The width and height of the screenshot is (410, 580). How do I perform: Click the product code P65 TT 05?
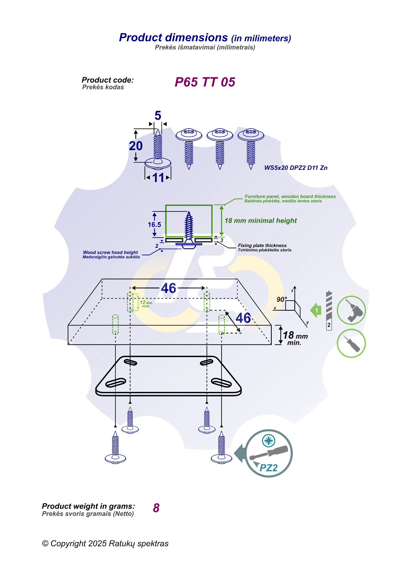pyautogui.click(x=205, y=82)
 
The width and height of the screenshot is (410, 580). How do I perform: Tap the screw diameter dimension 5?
pyautogui.click(x=158, y=116)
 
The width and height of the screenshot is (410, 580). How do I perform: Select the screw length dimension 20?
pyautogui.click(x=136, y=146)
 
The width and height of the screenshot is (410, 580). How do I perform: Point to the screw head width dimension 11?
pyautogui.click(x=158, y=178)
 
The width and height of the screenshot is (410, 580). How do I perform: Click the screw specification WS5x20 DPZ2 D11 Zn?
pyautogui.click(x=296, y=168)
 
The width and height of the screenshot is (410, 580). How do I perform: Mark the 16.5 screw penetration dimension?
pyautogui.click(x=154, y=225)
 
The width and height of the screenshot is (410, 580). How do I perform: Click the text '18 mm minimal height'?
pyautogui.click(x=261, y=221)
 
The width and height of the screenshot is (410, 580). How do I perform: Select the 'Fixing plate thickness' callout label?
pyautogui.click(x=262, y=245)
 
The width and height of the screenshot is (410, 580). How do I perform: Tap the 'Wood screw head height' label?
pyautogui.click(x=110, y=252)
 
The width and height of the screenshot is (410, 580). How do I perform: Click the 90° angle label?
pyautogui.click(x=282, y=299)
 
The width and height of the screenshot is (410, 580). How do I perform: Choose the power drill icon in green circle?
pyautogui.click(x=351, y=310)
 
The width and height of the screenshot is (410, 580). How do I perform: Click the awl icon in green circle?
pyautogui.click(x=351, y=343)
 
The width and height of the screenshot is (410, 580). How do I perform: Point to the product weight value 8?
pyautogui.click(x=156, y=508)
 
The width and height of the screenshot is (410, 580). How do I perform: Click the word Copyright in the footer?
pyautogui.click(x=68, y=544)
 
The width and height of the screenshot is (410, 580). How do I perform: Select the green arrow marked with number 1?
pyautogui.click(x=316, y=311)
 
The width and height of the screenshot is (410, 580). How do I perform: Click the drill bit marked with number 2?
pyautogui.click(x=329, y=310)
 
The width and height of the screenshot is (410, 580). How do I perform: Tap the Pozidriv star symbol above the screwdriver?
pyautogui.click(x=268, y=440)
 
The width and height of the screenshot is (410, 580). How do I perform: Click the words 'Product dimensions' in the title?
pyautogui.click(x=173, y=37)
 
